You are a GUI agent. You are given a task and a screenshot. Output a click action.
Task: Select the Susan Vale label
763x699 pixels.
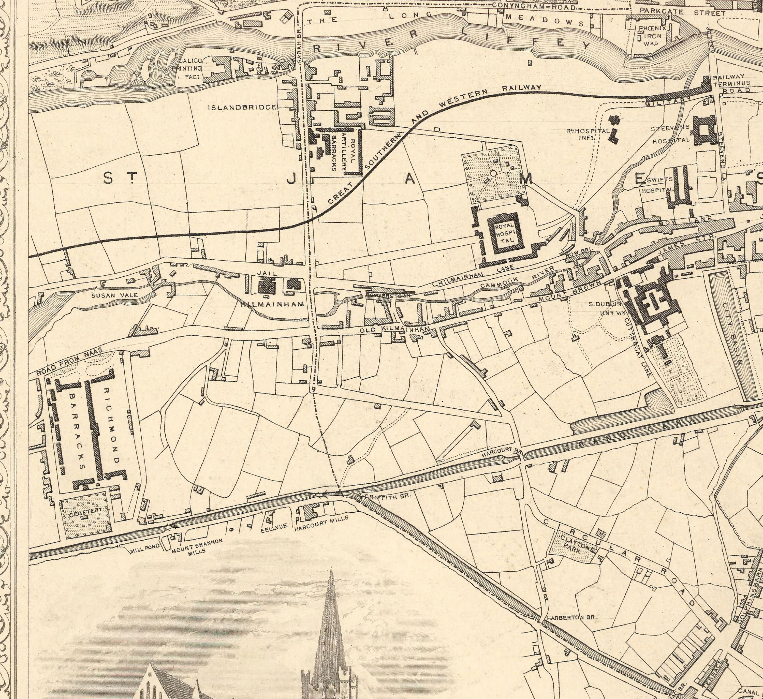pos(110,295)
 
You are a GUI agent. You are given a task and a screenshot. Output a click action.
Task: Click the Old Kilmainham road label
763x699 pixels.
pos(395,330)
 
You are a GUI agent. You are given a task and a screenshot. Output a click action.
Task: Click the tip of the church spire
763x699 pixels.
pos(331,568)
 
